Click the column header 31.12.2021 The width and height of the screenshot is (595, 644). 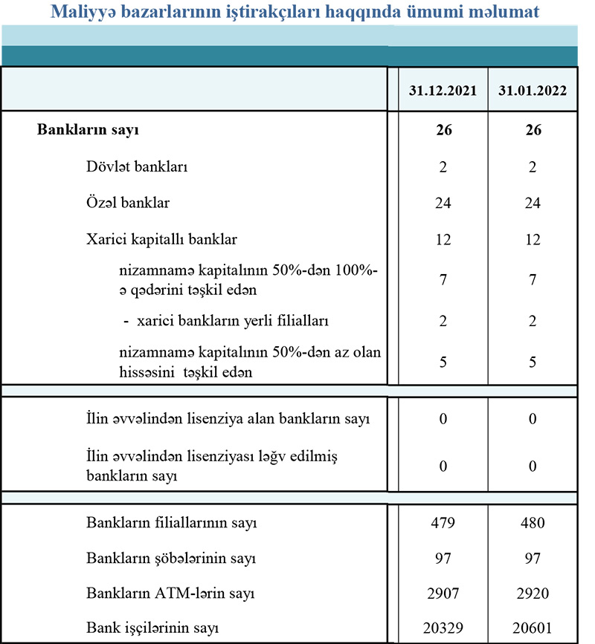coord(443,91)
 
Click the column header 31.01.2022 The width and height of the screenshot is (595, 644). coord(533,91)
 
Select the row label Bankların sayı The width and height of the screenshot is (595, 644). coord(89,131)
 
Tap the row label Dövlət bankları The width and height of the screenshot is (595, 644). coord(137,167)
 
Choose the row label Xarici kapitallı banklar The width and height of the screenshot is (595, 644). coord(161,239)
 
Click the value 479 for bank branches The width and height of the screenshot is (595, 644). coord(443,522)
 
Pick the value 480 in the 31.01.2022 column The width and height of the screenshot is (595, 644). coord(533,522)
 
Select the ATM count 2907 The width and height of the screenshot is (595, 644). coord(443,594)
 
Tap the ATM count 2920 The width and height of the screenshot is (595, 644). coord(533,594)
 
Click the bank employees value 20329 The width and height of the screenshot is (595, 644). coord(443,628)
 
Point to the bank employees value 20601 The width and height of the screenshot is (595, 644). coord(533,628)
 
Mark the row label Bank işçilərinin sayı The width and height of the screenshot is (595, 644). coord(155,628)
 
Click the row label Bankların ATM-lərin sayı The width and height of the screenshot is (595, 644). coord(172,594)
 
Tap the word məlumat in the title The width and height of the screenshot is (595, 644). coord(506,12)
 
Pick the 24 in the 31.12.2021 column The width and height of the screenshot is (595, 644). coord(443,203)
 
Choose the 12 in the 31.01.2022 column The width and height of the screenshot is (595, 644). coord(533,239)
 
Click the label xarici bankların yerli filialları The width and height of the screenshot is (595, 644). coord(233,322)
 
